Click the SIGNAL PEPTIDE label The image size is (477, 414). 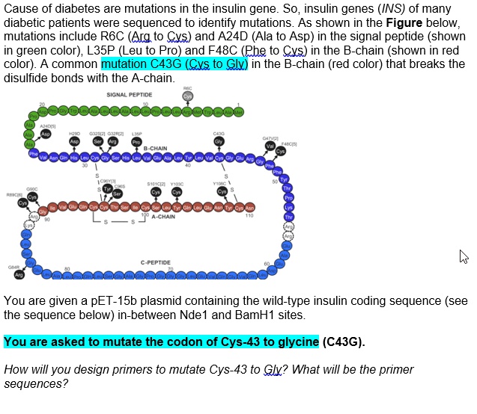tap(129, 95)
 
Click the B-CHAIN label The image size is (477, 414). tap(155, 149)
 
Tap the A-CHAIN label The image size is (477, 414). tap(163, 197)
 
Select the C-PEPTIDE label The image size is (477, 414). tap(155, 263)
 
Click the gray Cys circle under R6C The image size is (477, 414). tap(188, 96)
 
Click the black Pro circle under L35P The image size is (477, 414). tap(136, 142)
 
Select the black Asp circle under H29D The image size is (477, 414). tap(75, 140)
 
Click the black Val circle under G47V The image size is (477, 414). tap(270, 146)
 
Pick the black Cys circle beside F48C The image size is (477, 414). tap(281, 151)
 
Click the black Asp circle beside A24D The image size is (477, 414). tap(46, 134)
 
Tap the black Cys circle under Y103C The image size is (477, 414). tap(177, 170)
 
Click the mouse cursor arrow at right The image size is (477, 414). tap(464, 258)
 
